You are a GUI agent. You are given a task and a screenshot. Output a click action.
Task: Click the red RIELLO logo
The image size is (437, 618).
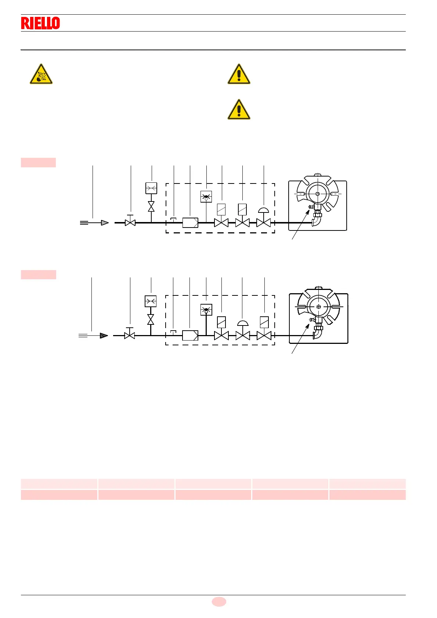coord(40,23)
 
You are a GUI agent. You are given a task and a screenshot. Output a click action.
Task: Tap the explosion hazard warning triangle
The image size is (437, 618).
coord(41,74)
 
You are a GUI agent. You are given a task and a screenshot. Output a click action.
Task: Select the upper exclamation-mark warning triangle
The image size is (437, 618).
coord(239,74)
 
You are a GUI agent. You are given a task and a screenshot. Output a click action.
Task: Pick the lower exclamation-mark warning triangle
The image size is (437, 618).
coord(239,110)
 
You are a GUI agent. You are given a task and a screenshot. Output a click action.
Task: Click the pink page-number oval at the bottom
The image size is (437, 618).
coord(219,601)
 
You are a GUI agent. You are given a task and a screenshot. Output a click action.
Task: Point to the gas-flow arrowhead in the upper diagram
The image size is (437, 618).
coord(105,222)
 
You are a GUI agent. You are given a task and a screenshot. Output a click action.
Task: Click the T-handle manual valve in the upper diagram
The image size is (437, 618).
coord(130,221)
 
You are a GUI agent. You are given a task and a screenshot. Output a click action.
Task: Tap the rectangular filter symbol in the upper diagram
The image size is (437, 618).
coord(190,222)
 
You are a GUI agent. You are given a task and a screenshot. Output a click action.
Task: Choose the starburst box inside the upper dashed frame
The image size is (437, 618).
coord(206,197)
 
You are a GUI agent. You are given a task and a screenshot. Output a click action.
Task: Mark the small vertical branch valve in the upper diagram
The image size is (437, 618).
coord(151,206)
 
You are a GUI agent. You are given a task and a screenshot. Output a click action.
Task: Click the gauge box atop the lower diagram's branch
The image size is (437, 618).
coord(151,301)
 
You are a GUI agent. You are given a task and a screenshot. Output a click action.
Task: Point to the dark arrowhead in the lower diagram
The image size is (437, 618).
coord(104,335)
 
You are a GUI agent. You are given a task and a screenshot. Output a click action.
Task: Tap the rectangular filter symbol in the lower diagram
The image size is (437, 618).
coord(190,335)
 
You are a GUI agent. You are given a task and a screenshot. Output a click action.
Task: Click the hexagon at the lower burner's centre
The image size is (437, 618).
coord(318,307)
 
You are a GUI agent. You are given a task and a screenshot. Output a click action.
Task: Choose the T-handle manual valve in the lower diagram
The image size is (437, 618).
coord(130,334)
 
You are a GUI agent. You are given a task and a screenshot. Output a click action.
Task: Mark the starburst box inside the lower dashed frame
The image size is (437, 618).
coord(206,310)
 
